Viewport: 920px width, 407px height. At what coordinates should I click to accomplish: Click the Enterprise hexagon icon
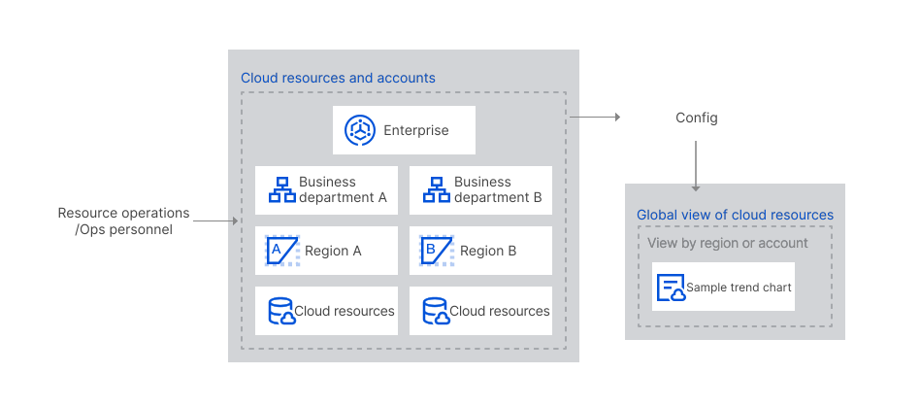point(360,130)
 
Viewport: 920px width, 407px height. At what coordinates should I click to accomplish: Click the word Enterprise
point(415,130)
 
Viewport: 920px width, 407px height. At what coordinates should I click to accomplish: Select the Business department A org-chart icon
point(281,190)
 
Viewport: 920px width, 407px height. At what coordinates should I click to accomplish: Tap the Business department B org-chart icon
point(437,190)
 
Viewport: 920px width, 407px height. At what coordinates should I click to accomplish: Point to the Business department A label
point(342,189)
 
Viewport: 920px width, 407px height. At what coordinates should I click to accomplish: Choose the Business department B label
point(497,189)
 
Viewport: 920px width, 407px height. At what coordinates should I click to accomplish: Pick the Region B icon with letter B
point(436,251)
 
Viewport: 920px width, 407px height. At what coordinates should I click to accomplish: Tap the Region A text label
point(333,251)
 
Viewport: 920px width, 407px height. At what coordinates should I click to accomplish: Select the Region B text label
point(488,251)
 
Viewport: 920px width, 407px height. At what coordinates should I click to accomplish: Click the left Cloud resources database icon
point(281,311)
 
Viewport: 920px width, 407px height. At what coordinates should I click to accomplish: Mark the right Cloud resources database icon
point(437,311)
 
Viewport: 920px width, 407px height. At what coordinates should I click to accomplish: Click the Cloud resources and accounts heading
point(338,78)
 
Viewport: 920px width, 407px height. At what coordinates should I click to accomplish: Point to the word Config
point(697,118)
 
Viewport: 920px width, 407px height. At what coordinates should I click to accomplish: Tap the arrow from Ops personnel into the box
point(215,221)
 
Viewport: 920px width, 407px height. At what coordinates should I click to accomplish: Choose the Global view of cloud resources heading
point(735,215)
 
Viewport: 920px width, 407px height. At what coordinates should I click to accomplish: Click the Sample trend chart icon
point(671,288)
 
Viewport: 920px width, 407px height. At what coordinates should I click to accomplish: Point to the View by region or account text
point(728,243)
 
